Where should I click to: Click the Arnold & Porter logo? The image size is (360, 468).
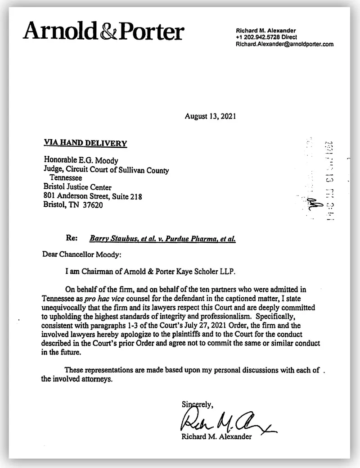coord(104,32)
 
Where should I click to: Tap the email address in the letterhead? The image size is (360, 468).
coord(284,45)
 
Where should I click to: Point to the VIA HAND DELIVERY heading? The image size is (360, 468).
coord(85,143)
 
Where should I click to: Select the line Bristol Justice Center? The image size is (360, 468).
coord(77,187)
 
